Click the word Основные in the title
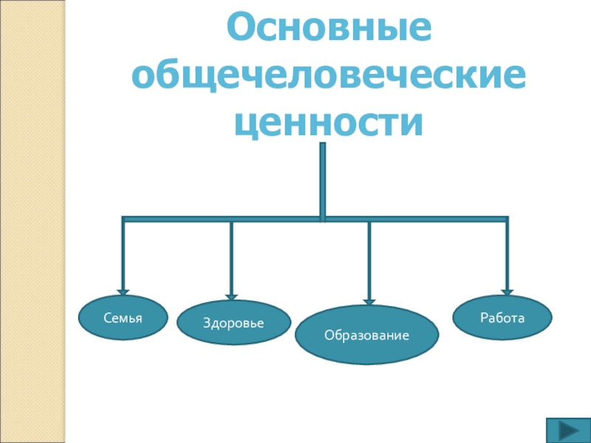(x=329, y=28)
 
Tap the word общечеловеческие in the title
(x=329, y=75)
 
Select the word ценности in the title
(x=329, y=123)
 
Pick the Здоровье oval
(x=233, y=323)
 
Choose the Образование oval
(x=366, y=334)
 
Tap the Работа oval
(x=502, y=317)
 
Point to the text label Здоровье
(x=233, y=323)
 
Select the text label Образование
(x=366, y=335)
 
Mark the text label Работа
(x=502, y=318)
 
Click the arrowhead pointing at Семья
(x=123, y=292)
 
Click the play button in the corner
(x=567, y=430)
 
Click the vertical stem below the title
(x=322, y=177)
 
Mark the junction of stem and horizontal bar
(x=322, y=219)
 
